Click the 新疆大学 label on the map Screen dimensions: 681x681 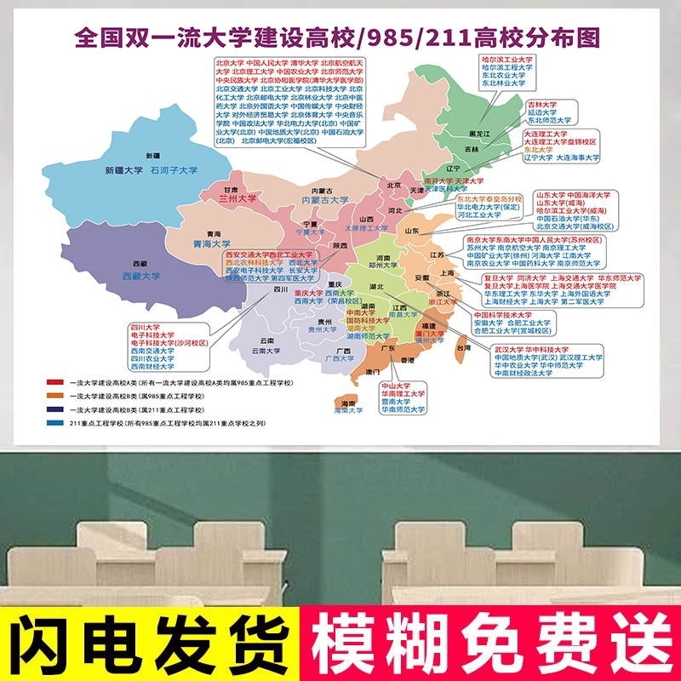[124, 170]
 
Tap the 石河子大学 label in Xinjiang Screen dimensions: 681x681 [174, 170]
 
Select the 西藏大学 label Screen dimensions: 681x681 [140, 276]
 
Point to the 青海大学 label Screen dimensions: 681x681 [213, 243]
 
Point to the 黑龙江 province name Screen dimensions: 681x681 [480, 134]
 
